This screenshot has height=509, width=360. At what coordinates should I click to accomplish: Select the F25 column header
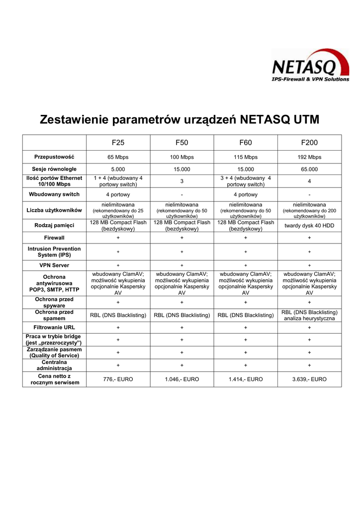coord(118,143)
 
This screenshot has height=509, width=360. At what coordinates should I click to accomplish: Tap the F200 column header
coord(309,143)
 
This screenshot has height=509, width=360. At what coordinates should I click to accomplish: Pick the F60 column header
coord(246,143)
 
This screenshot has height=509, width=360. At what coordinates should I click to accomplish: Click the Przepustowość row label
coord(54,157)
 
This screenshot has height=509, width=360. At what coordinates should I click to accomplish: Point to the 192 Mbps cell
coord(309,157)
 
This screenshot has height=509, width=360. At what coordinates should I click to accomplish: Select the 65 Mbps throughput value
coord(118,157)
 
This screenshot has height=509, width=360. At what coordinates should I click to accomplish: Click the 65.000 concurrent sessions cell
coord(309,170)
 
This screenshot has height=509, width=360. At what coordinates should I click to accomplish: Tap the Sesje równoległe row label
coord(54,170)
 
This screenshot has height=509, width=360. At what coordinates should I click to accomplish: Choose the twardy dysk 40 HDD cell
coord(309,226)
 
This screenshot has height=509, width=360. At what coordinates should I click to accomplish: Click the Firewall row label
coord(54,238)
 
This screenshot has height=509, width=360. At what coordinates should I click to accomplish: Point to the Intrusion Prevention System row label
coord(54,252)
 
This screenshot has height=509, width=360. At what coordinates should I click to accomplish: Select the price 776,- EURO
coord(118,379)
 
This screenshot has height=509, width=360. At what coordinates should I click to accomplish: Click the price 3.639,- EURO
coord(309,379)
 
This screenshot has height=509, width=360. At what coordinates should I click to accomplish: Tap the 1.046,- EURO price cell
coord(182,379)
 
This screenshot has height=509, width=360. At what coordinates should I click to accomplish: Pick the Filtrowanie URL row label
coord(54,328)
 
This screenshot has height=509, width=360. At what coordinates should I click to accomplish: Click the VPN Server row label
coord(54,265)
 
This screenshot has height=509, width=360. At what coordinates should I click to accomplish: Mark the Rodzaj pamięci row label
coord(54,226)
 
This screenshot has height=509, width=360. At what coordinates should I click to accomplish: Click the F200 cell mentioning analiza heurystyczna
coord(309,315)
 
